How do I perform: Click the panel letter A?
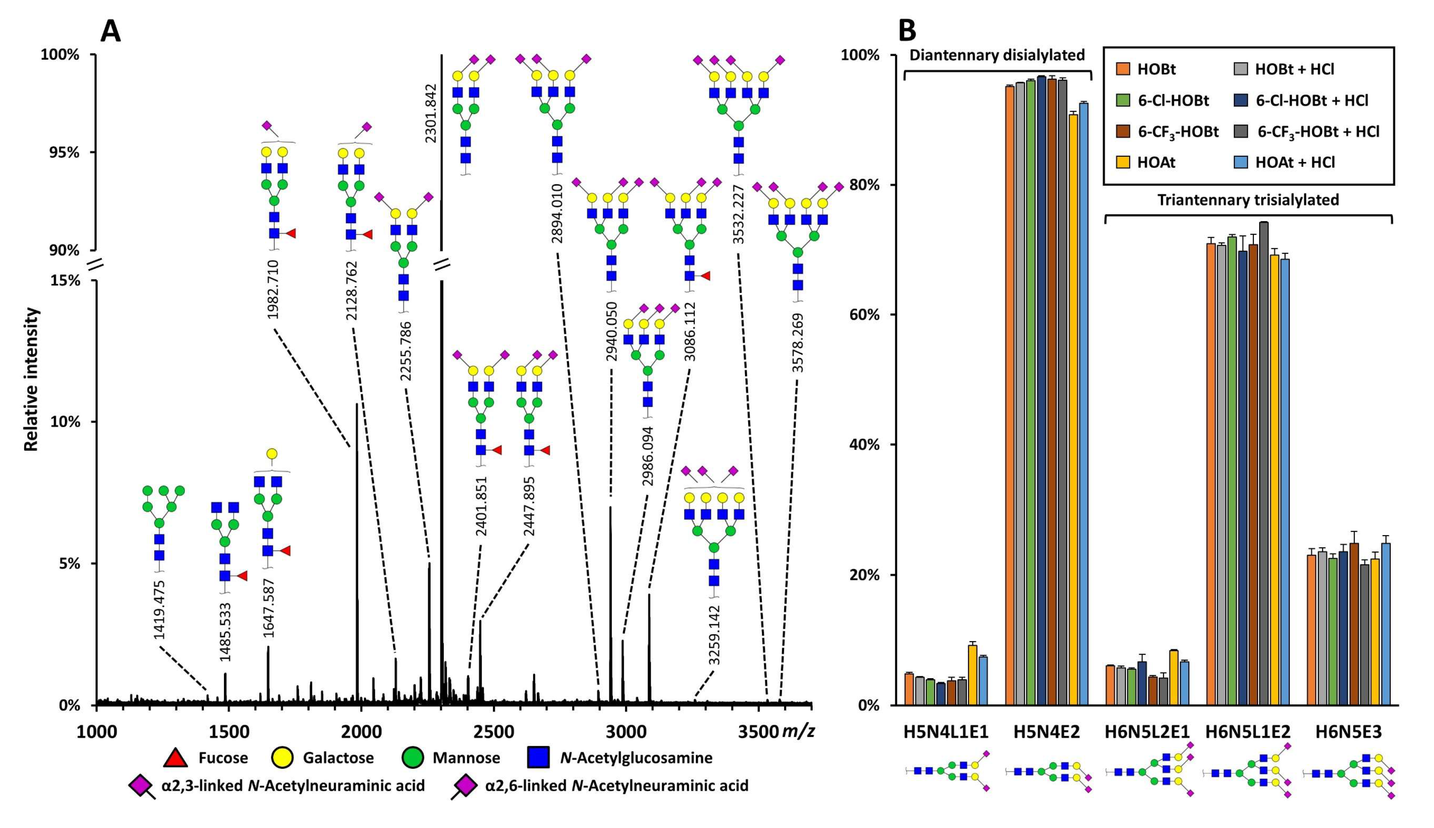110,32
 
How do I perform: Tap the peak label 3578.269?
798,343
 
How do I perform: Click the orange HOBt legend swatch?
1123,69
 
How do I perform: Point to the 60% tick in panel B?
865,315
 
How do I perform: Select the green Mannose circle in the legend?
413,758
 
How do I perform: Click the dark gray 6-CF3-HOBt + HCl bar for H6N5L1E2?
1264,463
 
